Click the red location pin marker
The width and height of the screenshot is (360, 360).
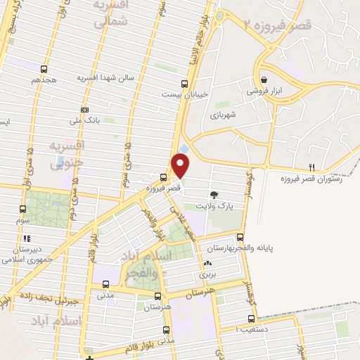(x=181, y=166)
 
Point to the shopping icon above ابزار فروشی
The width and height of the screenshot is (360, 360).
(x=264, y=80)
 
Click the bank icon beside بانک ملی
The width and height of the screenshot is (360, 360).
(x=85, y=110)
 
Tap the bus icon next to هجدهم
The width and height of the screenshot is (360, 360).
(x=46, y=69)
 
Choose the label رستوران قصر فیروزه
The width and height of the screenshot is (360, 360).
(x=323, y=179)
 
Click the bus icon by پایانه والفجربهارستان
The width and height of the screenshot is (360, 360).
(x=240, y=236)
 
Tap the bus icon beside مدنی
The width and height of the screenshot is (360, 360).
(x=105, y=285)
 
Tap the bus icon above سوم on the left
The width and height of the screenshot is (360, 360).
(x=23, y=209)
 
